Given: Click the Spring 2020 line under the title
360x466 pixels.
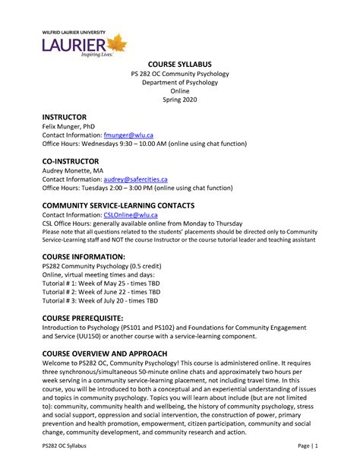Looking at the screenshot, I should point(180,99).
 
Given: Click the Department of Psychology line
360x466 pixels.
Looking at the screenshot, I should point(180,81).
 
